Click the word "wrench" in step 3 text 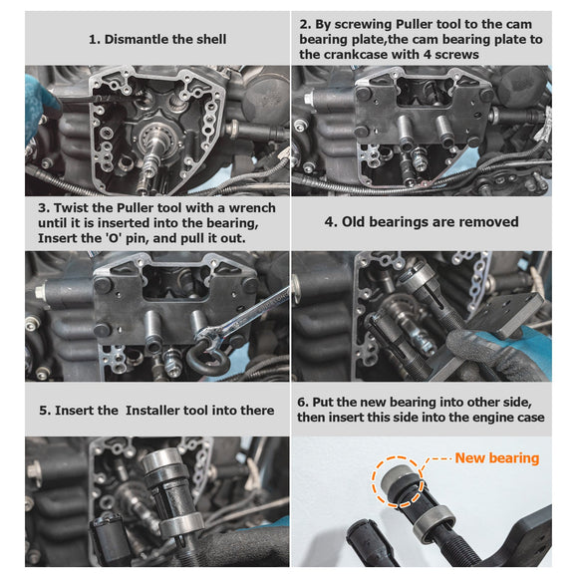point(241,207)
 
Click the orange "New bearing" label point(496,458)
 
